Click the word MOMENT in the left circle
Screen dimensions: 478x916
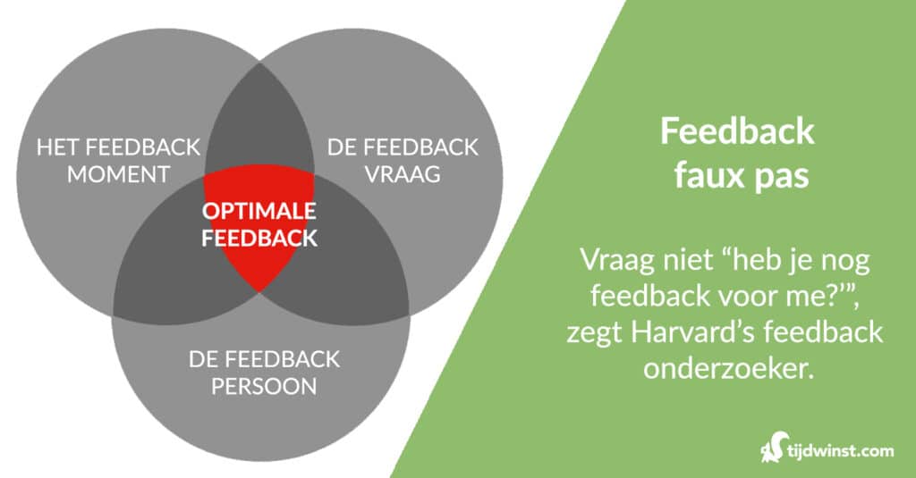[x=118, y=173]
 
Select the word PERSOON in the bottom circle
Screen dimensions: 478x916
[x=264, y=387]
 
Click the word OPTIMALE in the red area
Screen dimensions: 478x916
[x=259, y=214]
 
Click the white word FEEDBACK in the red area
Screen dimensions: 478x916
[x=259, y=239]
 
